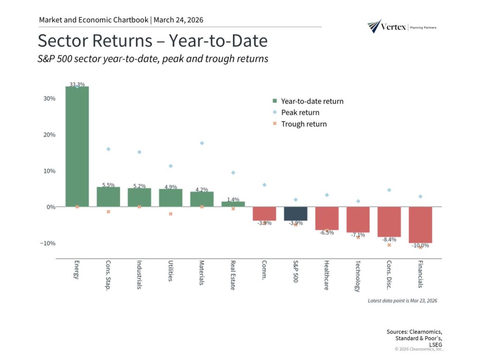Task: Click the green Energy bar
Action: pos(77,146)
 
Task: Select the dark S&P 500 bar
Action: pos(295,214)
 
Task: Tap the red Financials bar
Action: pos(420,225)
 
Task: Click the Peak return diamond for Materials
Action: pos(202,143)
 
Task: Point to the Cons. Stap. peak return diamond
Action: pos(108,149)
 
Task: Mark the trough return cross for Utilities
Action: pos(171,214)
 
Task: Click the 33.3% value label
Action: pos(77,84)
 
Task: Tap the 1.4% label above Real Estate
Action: pos(233,199)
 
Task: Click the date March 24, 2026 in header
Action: pos(178,20)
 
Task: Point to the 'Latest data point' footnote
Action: pos(403,300)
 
